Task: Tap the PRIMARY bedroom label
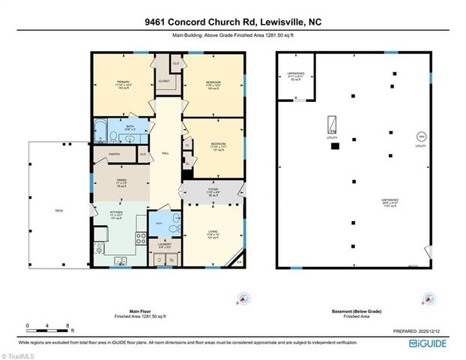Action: click(124, 82)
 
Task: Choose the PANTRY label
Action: click(115, 154)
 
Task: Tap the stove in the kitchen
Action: click(140, 239)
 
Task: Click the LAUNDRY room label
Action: click(164, 244)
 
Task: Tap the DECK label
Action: click(59, 211)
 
